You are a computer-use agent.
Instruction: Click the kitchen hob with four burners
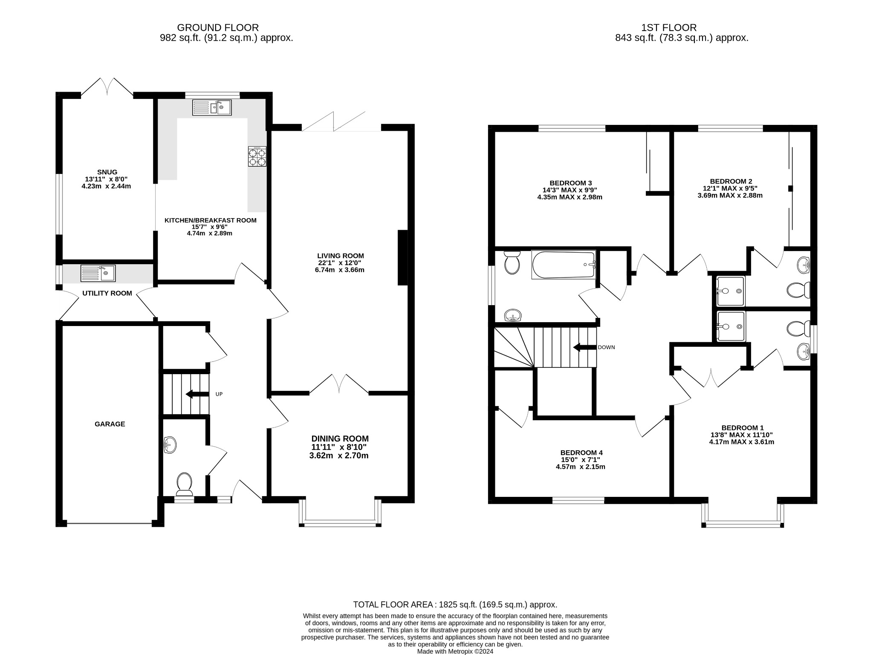click(257, 156)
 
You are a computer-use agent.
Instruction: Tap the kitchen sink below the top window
click(211, 107)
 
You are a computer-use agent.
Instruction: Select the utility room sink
click(98, 273)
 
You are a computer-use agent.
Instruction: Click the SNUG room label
click(107, 172)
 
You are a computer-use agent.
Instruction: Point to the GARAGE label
click(110, 424)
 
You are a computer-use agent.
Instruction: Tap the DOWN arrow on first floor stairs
click(584, 347)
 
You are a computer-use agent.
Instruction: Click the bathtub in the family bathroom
click(564, 265)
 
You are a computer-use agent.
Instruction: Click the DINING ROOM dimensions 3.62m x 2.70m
click(339, 456)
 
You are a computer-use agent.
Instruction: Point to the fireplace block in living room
click(402, 257)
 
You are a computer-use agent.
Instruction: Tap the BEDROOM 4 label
click(581, 453)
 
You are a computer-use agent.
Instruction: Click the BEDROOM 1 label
click(743, 428)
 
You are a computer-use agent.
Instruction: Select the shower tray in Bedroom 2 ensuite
click(731, 291)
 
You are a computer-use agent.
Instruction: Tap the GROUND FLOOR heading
click(218, 28)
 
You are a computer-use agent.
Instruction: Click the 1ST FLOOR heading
click(669, 28)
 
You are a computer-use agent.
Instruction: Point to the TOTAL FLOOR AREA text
click(455, 605)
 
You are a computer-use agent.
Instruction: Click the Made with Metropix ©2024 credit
click(455, 651)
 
